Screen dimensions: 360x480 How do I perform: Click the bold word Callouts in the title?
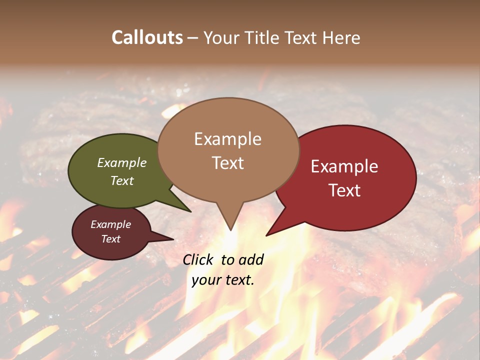coord(147,37)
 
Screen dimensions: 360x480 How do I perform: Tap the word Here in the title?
coord(341,37)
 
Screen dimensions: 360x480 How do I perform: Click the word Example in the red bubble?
coord(344,166)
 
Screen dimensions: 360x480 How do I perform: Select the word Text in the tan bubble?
coord(228,163)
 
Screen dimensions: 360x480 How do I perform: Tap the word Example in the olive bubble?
coord(122,163)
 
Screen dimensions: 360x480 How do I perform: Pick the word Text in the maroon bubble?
coord(110,239)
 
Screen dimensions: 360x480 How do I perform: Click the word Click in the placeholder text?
coord(198,259)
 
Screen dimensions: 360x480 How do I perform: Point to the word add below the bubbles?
coord(251,259)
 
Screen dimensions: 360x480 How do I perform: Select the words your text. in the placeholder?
coord(222,279)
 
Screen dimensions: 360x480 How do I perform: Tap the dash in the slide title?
coord(193,37)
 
